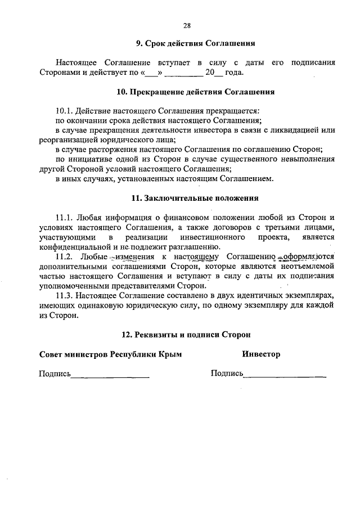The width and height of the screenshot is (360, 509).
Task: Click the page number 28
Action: (187, 25)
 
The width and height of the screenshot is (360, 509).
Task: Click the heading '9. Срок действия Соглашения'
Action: (187, 43)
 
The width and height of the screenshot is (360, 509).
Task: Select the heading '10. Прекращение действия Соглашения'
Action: (187, 91)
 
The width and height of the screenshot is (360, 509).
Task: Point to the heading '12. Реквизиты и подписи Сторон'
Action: (187, 335)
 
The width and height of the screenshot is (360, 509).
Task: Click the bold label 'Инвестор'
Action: (261, 354)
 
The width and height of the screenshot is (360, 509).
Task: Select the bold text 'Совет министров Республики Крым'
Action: (110, 354)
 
